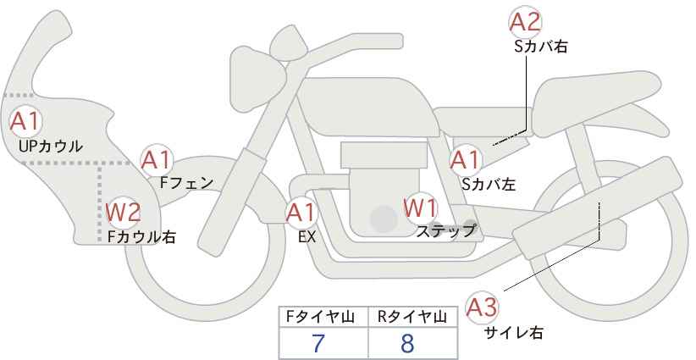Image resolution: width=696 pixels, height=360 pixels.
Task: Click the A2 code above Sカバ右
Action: [525, 23]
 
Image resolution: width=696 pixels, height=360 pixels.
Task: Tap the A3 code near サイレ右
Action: [482, 308]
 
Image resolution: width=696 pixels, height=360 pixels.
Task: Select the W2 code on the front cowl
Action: [124, 212]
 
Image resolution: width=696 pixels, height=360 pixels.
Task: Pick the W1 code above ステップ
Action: [420, 208]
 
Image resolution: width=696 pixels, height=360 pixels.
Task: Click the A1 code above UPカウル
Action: [25, 122]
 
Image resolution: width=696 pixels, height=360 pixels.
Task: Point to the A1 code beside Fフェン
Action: [156, 160]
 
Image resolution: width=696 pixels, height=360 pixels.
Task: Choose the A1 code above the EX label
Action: [301, 213]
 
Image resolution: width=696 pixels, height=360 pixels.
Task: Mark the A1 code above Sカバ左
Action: [465, 160]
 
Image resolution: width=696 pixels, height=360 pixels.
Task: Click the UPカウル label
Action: [51, 146]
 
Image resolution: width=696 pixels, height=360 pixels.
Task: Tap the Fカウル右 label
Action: [141, 236]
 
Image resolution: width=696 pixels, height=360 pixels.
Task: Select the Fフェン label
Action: [186, 183]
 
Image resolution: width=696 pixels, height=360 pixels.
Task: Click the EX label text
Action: [307, 237]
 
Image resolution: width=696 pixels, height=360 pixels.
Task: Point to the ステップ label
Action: [446, 231]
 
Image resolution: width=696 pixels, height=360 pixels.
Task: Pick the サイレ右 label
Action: [514, 333]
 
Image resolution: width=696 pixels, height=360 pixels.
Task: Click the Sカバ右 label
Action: [541, 47]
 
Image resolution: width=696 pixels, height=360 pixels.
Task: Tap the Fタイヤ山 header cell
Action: [323, 317]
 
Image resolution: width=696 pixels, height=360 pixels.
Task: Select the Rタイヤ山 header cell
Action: [413, 317]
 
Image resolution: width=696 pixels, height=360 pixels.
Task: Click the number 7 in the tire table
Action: [318, 343]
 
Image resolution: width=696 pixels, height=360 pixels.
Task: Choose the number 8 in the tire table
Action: [406, 343]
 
